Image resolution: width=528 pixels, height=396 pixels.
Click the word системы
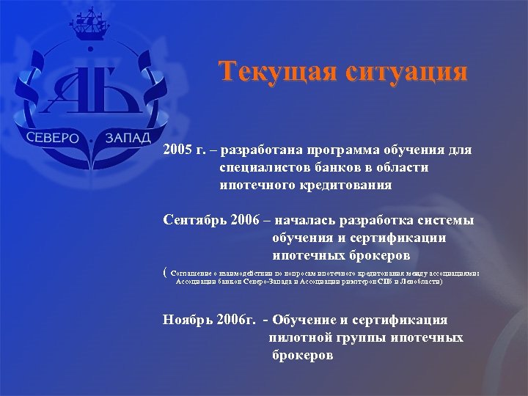coord(450,221)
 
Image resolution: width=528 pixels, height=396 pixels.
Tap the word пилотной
coord(301,338)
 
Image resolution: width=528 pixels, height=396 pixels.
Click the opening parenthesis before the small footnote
coord(165,272)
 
